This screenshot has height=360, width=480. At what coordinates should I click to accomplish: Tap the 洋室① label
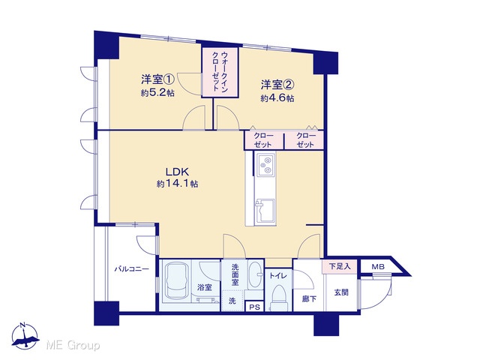point(157,79)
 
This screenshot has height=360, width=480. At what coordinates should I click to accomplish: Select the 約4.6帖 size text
point(277,98)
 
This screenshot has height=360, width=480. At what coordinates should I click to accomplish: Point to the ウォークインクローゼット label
point(220,71)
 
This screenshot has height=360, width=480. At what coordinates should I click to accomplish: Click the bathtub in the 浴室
point(177,282)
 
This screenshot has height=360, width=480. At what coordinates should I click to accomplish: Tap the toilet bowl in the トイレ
point(279,295)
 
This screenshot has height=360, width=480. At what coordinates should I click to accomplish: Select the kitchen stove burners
point(265,165)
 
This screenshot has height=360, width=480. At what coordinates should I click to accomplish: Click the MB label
point(378,267)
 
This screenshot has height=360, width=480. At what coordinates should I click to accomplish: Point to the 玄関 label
point(341,292)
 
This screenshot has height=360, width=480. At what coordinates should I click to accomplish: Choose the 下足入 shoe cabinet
point(340,267)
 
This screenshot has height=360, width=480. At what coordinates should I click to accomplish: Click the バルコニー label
point(132,269)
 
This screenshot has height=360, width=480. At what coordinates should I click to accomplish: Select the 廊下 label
point(309,298)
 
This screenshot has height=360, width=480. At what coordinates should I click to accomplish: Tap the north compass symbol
point(25,336)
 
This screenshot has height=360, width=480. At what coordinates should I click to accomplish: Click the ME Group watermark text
point(73,346)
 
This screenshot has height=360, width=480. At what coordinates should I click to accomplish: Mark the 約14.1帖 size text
point(177,184)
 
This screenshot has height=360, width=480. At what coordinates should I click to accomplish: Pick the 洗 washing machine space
point(232,301)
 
